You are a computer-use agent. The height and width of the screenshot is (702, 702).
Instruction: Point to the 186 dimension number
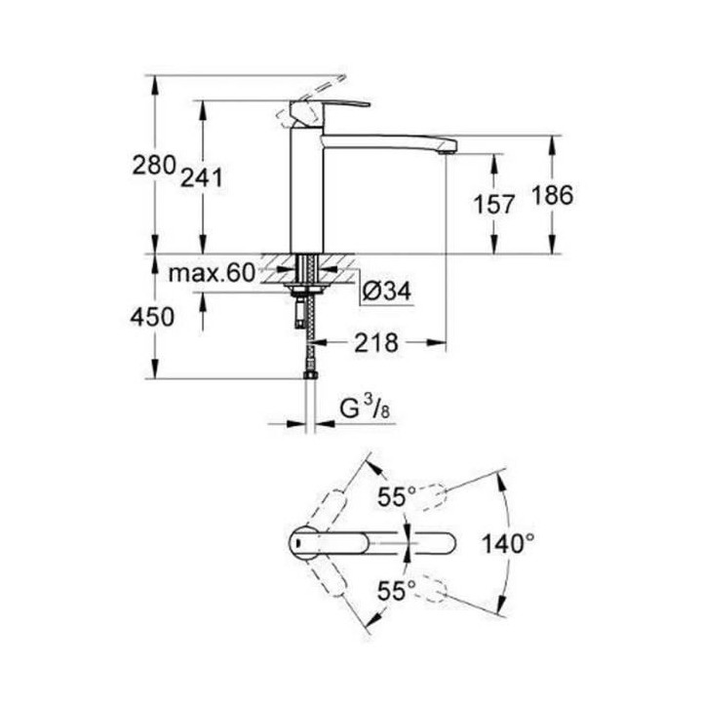[x=552, y=195]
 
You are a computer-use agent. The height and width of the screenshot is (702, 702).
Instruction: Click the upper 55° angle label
[x=397, y=494]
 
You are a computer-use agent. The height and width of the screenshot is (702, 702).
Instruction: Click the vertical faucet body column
[x=306, y=195]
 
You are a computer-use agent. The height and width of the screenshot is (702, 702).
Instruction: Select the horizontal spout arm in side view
[x=390, y=138]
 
